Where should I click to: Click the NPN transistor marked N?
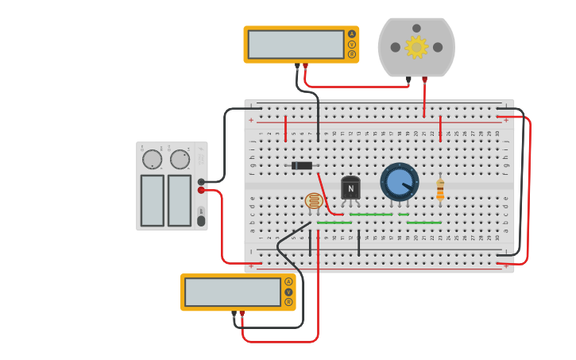(350, 188)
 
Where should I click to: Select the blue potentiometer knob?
(399, 182)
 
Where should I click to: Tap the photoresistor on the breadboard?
(314, 201)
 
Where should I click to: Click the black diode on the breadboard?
(302, 165)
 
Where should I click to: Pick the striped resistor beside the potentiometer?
(440, 189)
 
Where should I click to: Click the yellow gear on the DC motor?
(416, 47)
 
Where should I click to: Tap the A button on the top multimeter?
(352, 34)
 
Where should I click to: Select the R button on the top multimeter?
(352, 54)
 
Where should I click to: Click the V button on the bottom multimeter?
(288, 292)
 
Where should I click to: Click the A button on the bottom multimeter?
(288, 281)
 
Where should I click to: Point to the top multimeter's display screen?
(296, 45)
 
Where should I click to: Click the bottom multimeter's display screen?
(232, 292)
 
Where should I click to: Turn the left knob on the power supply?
(152, 160)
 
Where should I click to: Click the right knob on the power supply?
(180, 160)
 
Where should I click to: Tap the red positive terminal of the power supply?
(201, 190)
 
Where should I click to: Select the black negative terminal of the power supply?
(201, 182)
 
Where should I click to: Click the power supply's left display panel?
(152, 200)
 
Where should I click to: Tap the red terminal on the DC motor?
(424, 79)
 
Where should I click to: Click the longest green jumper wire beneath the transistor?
(371, 214)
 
